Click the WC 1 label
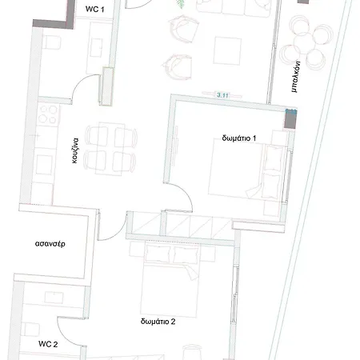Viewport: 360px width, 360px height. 94,9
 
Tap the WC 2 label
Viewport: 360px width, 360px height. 48,344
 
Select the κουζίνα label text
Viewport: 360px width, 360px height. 75,150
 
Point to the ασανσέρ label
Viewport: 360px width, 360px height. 50,244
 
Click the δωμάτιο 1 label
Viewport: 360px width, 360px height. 239,138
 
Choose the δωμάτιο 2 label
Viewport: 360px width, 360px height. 158,322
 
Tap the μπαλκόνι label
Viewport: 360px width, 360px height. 296,77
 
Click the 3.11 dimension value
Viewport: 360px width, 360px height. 222,95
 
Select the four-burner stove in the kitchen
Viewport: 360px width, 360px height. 48,115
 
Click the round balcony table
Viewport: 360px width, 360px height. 304,42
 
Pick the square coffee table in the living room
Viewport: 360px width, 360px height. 227,50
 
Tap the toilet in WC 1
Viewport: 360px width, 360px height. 52,42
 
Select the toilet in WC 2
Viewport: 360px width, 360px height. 30,330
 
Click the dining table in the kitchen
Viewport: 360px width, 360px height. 110,149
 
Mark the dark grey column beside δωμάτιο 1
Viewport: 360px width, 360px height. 290,118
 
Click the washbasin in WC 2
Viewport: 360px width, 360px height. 54,298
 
